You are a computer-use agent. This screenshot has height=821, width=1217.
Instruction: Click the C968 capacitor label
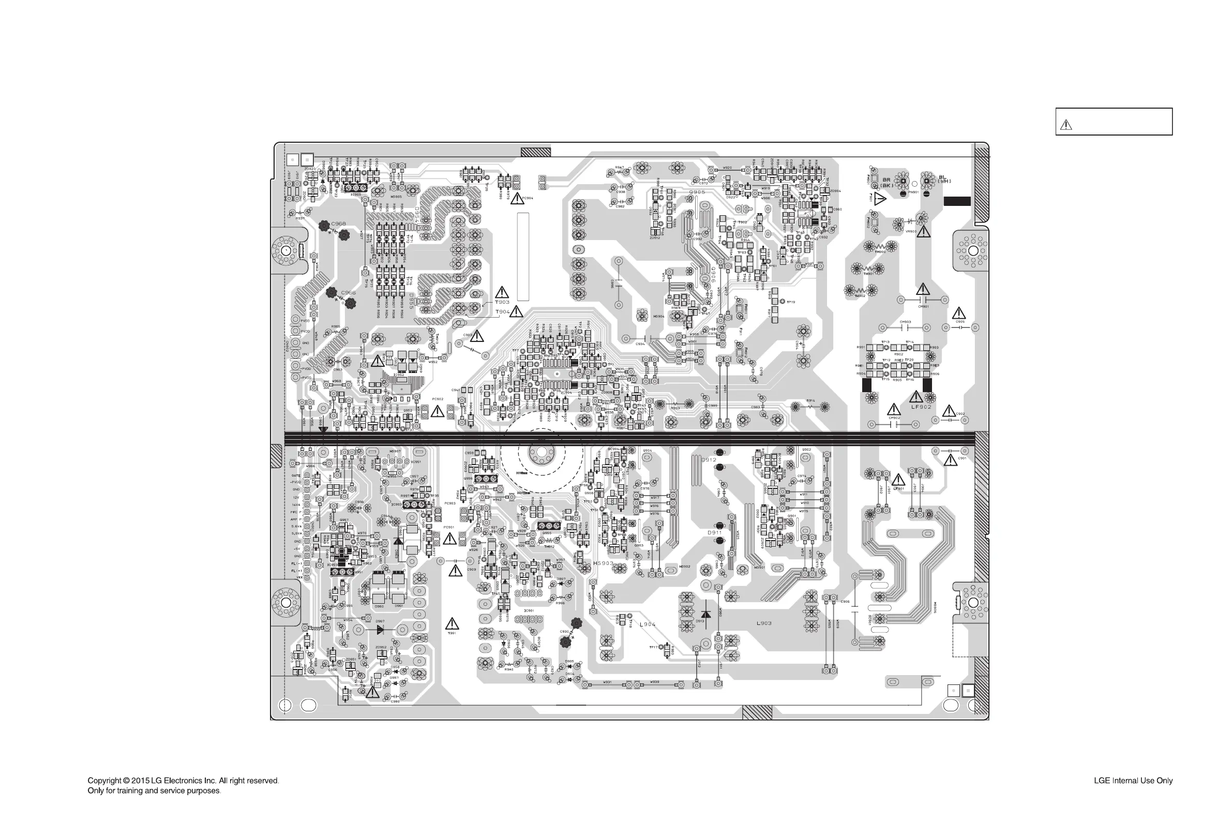coord(338,223)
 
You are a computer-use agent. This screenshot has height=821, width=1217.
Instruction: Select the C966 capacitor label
coord(348,293)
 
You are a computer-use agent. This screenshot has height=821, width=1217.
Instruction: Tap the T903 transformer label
coord(502,302)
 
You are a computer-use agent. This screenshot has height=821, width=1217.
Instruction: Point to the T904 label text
coord(502,311)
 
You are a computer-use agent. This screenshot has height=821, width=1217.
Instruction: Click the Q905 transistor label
coord(697,192)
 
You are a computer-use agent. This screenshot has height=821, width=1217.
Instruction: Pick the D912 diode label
coord(709,460)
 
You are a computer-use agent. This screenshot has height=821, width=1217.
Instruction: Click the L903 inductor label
coord(764,623)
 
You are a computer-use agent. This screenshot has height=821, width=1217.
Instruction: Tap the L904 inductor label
coord(648,624)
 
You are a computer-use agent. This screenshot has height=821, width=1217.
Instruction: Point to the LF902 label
coord(921,406)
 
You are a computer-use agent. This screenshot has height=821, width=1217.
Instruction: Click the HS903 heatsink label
coord(603,563)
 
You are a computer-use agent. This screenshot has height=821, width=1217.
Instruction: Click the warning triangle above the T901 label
coord(452,623)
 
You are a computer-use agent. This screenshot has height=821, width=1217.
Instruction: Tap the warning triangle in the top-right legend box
coord(1066,125)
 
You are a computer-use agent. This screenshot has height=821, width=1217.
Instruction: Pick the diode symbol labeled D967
coord(381,630)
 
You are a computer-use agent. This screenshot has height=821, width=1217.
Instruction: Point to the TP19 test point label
coord(791,302)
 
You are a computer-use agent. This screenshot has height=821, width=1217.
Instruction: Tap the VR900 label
coord(911,231)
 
